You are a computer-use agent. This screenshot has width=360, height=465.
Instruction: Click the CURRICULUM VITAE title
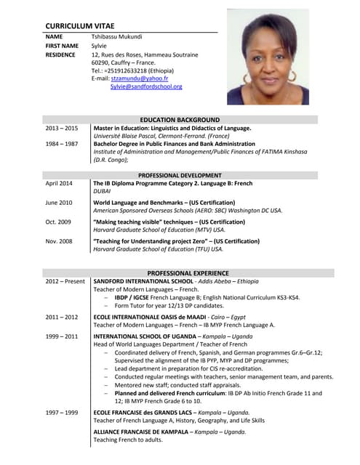pos(84,25)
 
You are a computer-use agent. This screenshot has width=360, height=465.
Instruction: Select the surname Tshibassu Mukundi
pos(116,36)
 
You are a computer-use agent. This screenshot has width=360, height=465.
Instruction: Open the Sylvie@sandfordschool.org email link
pos(146,86)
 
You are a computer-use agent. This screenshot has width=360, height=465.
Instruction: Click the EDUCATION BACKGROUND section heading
pos(180,119)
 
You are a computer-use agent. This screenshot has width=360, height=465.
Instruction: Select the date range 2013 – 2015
pos(61,128)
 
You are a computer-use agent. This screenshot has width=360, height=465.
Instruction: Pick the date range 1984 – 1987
pos(61,144)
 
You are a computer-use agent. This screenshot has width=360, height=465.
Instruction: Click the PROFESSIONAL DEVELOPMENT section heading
pos(180,175)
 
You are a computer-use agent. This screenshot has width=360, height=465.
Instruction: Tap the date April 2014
pos(59,184)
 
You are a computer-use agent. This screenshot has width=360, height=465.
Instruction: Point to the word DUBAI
pos(103,192)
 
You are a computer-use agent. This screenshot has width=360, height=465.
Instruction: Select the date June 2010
pos(59,203)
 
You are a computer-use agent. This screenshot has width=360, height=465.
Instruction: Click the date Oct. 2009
pos(58,222)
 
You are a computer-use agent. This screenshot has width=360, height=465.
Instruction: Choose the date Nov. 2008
pos(59,240)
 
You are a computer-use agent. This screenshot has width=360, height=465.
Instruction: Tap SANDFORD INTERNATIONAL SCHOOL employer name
pos(143,281)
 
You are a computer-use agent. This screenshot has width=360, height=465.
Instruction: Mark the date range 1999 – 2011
pos(61,337)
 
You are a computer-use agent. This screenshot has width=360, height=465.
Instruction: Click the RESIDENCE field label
pos(60,54)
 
